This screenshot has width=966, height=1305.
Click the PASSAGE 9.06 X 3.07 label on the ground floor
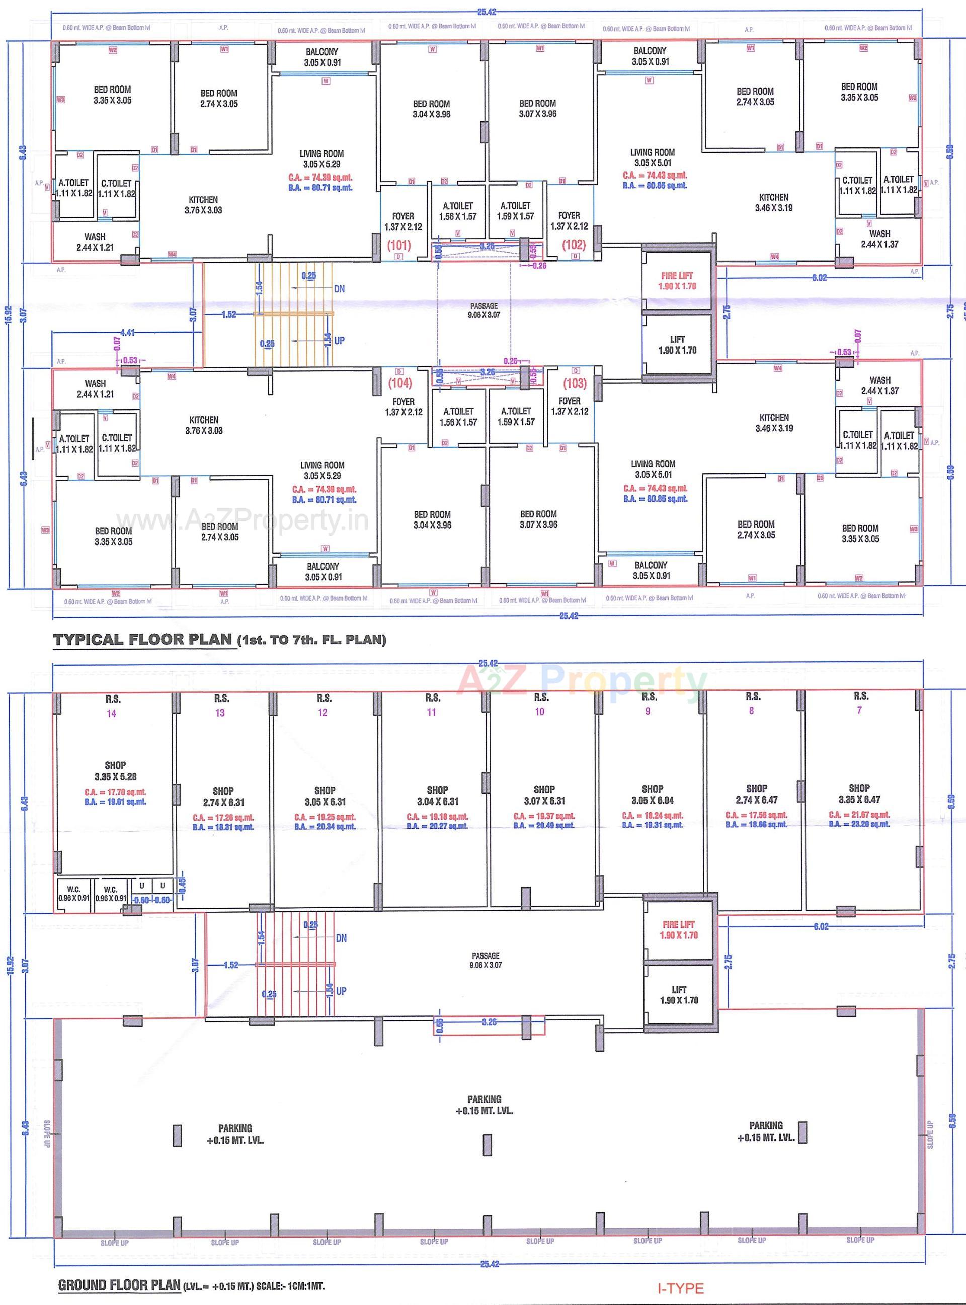pos(485,960)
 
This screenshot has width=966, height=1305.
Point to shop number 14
pos(111,713)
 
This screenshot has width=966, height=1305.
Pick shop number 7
pos(858,710)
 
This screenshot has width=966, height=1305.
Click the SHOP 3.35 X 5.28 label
pos(115,771)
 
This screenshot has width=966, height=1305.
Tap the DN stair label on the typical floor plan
pos(339,289)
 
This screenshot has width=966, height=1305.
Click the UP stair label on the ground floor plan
pos(341,991)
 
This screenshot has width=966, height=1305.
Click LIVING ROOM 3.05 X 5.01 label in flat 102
pos(653,158)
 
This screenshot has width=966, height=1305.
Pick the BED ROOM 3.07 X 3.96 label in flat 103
pos(538,519)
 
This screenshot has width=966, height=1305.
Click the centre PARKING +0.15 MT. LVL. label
pos(484,1104)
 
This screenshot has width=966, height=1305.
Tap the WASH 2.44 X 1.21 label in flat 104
pos(95,389)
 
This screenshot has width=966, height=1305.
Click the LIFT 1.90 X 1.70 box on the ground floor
pos(678,995)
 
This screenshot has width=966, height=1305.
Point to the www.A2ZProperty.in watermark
pos(242,519)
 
